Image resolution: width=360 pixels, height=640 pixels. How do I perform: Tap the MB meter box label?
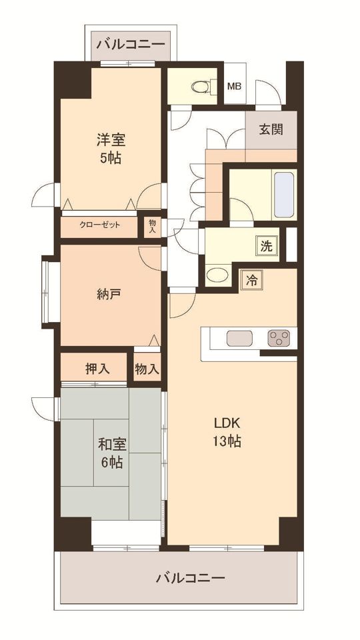tap(234, 87)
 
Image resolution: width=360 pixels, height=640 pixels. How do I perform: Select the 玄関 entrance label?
tap(271, 129)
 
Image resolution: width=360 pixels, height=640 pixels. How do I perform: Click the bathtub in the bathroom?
tap(284, 195)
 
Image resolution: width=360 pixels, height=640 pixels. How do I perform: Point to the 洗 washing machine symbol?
tap(266, 246)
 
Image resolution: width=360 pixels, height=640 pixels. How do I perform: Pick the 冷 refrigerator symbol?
tap(252, 281)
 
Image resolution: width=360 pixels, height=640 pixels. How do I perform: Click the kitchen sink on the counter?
tap(239, 338)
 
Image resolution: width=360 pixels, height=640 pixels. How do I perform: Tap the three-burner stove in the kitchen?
tap(279, 338)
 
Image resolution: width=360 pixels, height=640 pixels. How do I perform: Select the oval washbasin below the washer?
tap(217, 275)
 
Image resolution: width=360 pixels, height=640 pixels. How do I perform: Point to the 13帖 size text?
tap(227, 441)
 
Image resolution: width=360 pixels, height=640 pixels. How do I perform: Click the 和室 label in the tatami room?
tap(111, 444)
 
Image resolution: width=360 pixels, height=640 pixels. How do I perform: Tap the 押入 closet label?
tap(97, 369)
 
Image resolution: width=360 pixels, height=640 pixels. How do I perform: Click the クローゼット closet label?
tap(99, 225)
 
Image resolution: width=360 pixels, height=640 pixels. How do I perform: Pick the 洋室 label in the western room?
tap(111, 140)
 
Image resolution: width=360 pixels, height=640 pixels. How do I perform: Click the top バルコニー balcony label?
tap(131, 44)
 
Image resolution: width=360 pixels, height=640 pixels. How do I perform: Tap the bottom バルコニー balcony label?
tap(191, 577)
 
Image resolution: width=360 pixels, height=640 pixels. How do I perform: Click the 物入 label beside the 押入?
tap(147, 369)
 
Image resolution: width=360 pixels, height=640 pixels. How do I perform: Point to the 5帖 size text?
tap(111, 158)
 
